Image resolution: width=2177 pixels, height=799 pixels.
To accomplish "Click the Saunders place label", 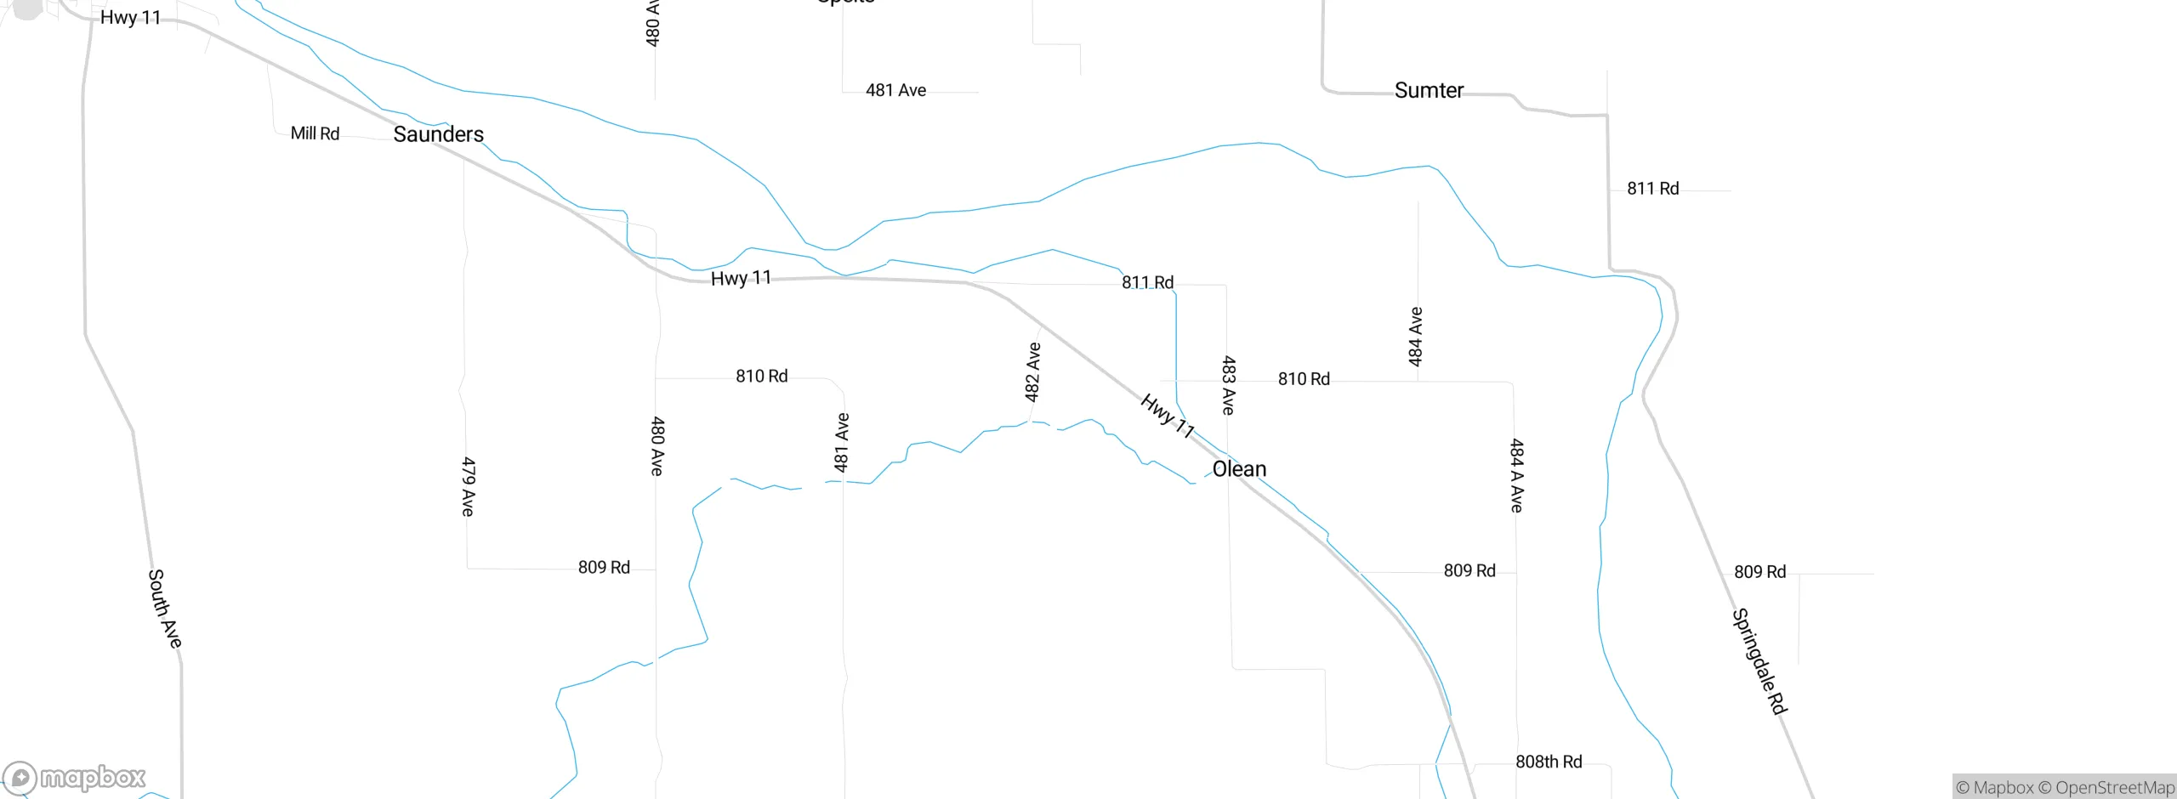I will click(x=438, y=134).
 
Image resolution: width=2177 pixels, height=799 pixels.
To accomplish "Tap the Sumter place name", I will click(x=1429, y=90).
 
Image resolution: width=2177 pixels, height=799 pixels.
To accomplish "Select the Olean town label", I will click(x=1239, y=469).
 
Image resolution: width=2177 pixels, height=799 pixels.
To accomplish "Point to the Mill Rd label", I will click(x=315, y=133).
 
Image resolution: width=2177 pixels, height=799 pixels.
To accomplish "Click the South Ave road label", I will click(x=165, y=609).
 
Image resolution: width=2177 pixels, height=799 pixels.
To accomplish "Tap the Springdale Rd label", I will click(x=1759, y=660).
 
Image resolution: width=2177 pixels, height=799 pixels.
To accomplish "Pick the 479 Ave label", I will click(x=468, y=486).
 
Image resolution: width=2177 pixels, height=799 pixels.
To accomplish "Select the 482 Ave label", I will click(x=1032, y=371).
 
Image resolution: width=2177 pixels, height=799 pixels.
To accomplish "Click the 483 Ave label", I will click(x=1228, y=385).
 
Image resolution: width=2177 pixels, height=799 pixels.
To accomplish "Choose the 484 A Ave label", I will click(x=1516, y=475).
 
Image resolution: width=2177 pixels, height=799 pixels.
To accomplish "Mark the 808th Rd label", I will click(x=1549, y=762).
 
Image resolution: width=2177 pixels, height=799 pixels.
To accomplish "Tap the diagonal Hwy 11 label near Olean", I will click(x=1167, y=416).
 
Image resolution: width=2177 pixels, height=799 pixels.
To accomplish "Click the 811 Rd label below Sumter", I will click(x=1652, y=189).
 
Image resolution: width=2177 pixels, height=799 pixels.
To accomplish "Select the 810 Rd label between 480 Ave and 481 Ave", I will click(x=761, y=376).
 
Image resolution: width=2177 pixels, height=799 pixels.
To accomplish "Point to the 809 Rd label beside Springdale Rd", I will click(x=1759, y=572).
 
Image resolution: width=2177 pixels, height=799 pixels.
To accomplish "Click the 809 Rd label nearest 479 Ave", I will click(x=604, y=567).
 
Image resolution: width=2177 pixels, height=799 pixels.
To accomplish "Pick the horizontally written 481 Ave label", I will click(x=895, y=90).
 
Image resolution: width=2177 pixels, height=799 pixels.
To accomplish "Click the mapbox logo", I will click(x=75, y=777).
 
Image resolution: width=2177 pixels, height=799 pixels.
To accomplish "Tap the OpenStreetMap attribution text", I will click(x=2114, y=788).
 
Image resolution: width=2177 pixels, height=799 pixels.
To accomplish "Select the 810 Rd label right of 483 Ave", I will click(x=1304, y=379).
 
